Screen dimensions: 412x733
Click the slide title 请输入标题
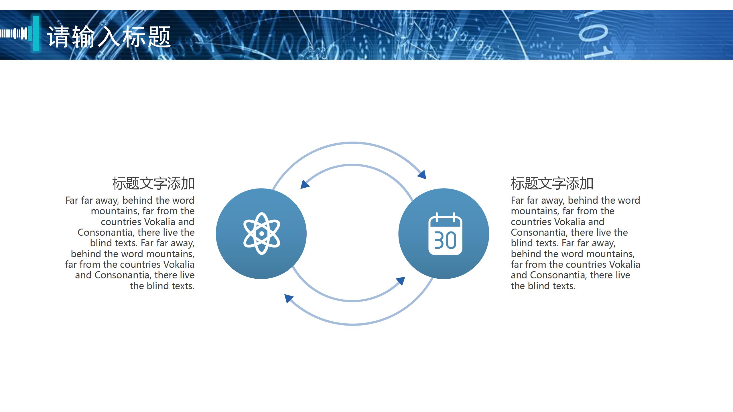coord(109,36)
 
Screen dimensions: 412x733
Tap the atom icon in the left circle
coord(261,233)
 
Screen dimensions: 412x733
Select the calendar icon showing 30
coord(445,233)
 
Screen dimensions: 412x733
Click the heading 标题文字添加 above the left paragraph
coord(153,184)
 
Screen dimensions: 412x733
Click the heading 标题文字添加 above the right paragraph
coord(552,184)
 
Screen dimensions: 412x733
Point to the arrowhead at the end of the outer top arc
coord(422,174)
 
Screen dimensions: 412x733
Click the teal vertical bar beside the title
coord(36,33)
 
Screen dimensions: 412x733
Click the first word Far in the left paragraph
coord(72,201)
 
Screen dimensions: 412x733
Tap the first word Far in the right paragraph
coord(517,201)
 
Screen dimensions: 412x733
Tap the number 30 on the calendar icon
coord(445,240)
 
